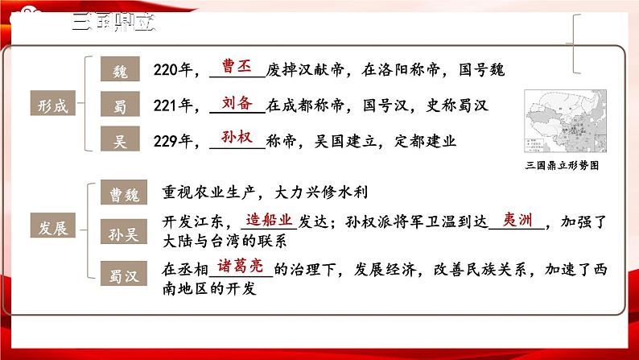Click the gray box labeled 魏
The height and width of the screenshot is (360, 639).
(120, 70)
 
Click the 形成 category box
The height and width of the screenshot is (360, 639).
(54, 105)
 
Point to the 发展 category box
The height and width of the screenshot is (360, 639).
(54, 227)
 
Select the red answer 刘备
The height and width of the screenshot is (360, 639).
(236, 101)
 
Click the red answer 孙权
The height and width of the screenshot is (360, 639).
(236, 137)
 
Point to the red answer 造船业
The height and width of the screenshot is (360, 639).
(270, 218)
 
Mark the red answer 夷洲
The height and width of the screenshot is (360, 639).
(516, 218)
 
